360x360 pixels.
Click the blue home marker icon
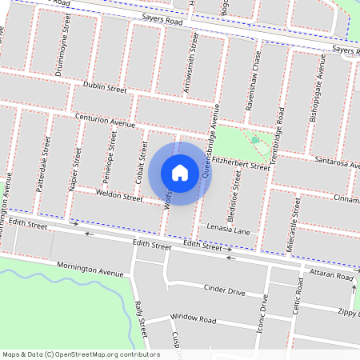coord(180,173)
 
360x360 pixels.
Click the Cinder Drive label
coord(224,289)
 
